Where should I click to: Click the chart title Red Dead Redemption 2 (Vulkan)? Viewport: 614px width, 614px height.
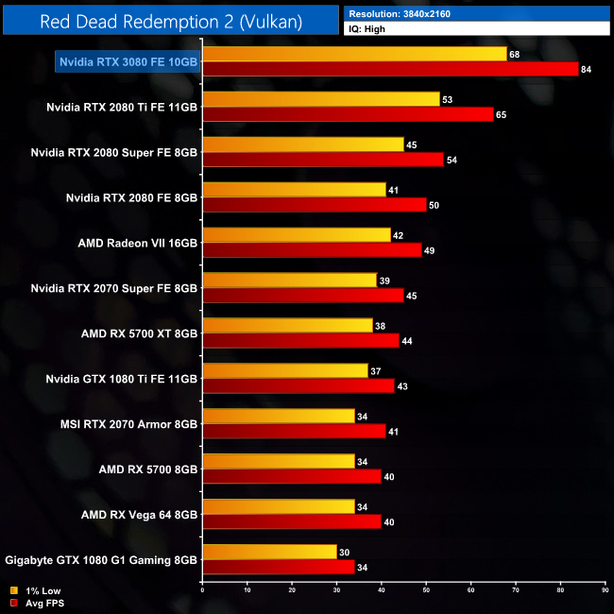(171, 22)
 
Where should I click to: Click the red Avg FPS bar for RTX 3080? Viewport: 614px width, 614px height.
(390, 69)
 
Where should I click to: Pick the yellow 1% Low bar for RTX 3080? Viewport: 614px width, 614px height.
(354, 54)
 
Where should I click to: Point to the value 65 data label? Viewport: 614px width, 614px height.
(501, 114)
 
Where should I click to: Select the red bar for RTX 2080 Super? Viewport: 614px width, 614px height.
(322, 160)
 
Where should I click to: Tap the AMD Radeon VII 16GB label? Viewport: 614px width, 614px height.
(138, 243)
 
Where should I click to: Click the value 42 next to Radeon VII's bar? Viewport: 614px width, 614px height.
(397, 235)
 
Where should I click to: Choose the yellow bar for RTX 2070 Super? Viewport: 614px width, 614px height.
(289, 281)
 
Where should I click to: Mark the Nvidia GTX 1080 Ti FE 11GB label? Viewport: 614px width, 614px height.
(122, 379)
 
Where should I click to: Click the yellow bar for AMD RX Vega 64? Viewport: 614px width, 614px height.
(278, 507)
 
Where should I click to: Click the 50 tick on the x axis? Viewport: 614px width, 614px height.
(426, 592)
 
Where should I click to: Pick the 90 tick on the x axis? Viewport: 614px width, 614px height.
(605, 592)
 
